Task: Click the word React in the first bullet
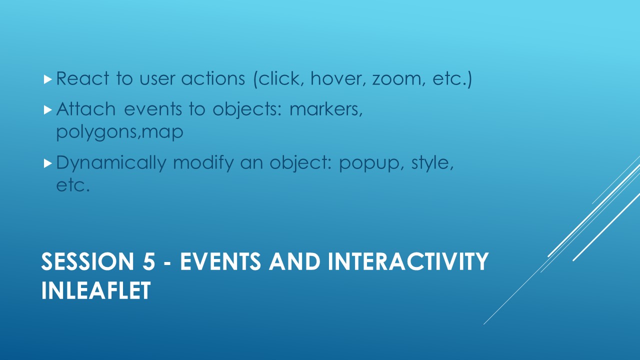coord(82,78)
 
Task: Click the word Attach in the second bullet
coord(85,109)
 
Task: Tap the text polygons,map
coord(119,132)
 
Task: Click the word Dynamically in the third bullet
coord(111,163)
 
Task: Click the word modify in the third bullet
coord(203,163)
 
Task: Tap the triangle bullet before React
coord(48,79)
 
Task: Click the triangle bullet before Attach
coord(48,110)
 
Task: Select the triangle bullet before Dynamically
coord(48,163)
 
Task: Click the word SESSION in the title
coord(87,261)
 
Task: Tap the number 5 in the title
coord(149,261)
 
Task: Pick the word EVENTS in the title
coord(220,261)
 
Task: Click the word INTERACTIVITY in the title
coord(408,261)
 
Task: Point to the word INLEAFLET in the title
coord(96,290)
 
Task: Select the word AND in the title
coord(294,261)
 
